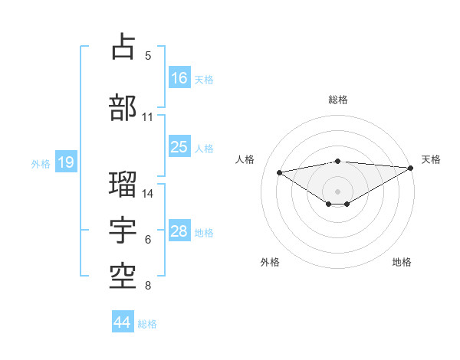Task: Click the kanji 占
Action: pos(123,47)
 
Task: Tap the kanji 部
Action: pos(123,107)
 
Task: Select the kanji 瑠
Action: pos(123,184)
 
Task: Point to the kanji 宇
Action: pos(123,231)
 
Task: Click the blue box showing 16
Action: pos(179,78)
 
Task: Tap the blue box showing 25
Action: pos(179,148)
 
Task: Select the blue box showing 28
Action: pos(179,232)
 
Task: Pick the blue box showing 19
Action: pos(65,162)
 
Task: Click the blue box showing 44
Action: pos(122,322)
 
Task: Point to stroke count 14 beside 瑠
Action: pos(148,194)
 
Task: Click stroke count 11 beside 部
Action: pos(147,117)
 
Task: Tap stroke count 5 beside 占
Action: pos(148,56)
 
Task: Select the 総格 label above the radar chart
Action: pos(338,100)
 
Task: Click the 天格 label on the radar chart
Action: pos(431,159)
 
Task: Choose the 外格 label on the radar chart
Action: pos(270,262)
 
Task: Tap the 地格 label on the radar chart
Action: pos(402,262)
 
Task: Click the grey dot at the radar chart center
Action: pos(337,190)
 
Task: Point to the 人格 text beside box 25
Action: pos(204,148)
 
